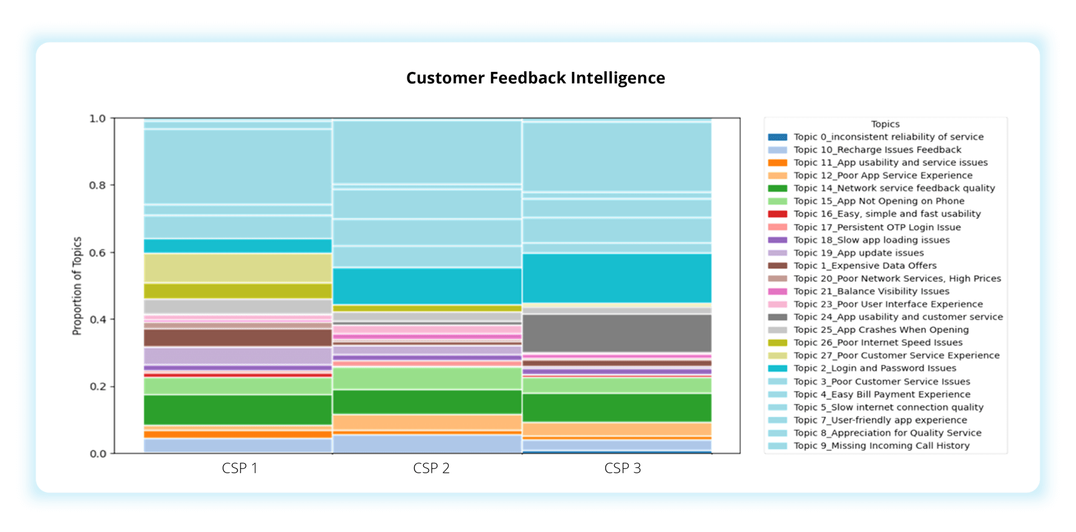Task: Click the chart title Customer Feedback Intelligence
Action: [536, 78]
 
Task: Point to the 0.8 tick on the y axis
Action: [97, 186]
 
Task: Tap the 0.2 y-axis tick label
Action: [97, 387]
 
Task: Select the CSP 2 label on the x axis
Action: [431, 469]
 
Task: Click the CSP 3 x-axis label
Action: [622, 469]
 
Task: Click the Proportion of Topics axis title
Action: [77, 286]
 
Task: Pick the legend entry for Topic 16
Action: [887, 214]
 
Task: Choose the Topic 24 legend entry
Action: [898, 317]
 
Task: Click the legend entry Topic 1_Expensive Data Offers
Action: [864, 265]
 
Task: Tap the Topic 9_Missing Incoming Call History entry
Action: [881, 446]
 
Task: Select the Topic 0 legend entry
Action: [888, 137]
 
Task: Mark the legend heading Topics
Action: [885, 124]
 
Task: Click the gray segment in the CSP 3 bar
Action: [617, 333]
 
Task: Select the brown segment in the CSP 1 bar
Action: [238, 337]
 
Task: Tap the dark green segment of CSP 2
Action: [427, 402]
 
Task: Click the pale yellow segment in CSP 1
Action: [238, 268]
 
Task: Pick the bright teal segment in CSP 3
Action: [617, 278]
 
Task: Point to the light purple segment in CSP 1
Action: [238, 356]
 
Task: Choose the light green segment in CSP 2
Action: [427, 378]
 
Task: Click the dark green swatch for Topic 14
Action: [777, 189]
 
